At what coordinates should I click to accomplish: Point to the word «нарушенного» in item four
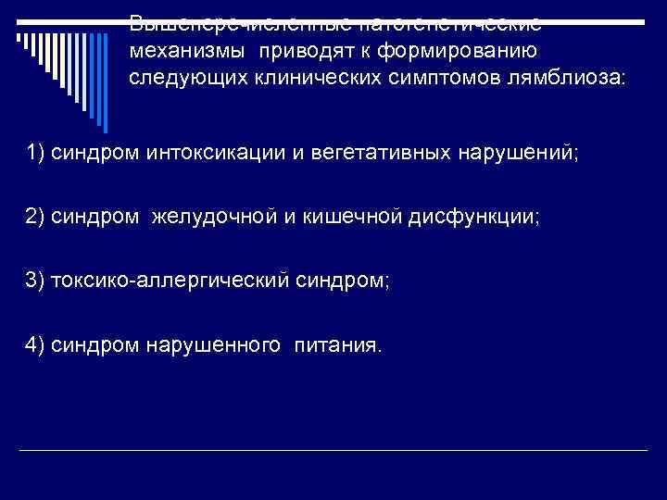pyautogui.click(x=214, y=345)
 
